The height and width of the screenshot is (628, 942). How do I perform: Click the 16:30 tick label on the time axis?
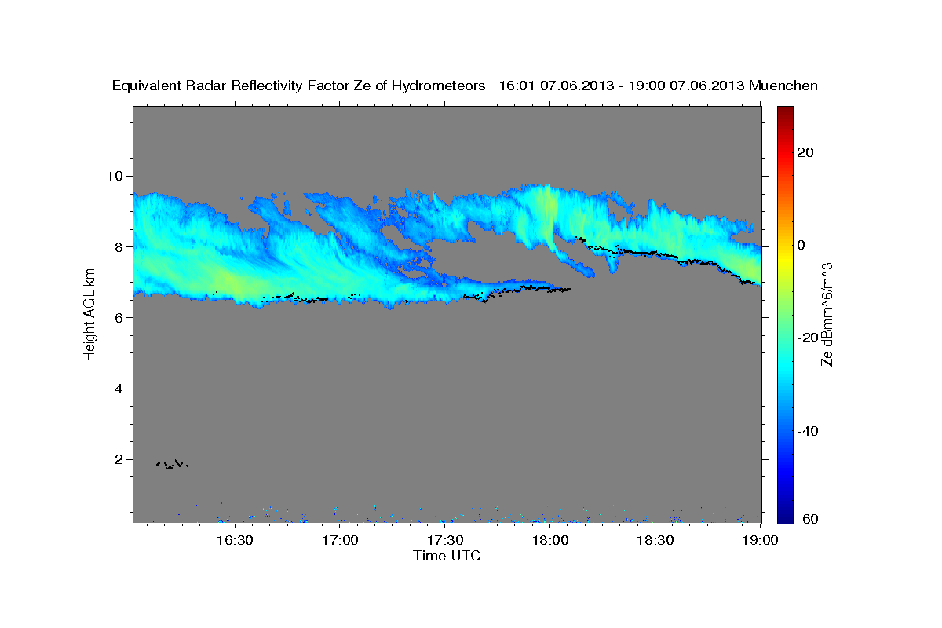coord(235,540)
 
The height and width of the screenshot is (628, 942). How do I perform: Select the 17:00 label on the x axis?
coord(340,540)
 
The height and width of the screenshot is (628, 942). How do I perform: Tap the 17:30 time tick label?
coord(445,540)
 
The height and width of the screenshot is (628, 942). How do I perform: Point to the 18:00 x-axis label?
coord(550,540)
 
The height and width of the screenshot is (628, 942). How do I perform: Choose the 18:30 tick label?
coord(655,540)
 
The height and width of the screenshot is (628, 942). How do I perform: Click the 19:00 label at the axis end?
coord(760,540)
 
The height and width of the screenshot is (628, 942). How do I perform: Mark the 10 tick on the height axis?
coord(115,176)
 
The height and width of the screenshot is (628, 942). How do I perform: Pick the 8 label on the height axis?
coord(119,247)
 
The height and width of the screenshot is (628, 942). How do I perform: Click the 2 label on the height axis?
coord(119,459)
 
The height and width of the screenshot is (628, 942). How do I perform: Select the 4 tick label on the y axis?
coord(119,389)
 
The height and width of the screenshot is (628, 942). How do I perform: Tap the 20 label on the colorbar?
coord(805,152)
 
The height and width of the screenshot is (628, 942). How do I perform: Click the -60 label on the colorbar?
coord(808,519)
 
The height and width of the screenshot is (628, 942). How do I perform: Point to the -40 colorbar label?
coord(808,431)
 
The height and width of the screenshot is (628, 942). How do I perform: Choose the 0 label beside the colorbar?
coord(801,245)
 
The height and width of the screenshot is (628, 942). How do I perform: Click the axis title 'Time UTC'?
coord(447,556)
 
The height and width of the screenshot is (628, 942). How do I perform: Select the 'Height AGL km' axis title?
coord(89,315)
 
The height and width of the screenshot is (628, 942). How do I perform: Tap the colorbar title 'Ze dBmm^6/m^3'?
coord(827,315)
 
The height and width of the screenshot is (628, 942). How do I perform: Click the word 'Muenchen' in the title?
coord(783,86)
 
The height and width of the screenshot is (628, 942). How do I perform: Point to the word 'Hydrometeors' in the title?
coord(438,86)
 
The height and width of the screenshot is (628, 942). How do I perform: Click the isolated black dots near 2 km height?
coord(173,465)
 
